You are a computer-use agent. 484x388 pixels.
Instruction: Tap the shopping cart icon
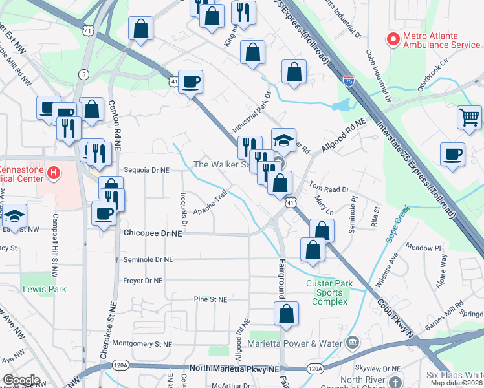[x=470, y=117]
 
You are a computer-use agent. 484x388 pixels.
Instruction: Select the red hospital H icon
[x=54, y=173]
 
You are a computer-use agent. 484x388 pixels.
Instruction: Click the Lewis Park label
[x=43, y=289]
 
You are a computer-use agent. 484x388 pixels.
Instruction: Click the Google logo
[x=21, y=380]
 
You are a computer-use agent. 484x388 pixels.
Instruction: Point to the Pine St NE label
[x=210, y=300]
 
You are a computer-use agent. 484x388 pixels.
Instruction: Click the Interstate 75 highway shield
[x=348, y=82]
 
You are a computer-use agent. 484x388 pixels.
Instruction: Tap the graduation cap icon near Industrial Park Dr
[x=283, y=140]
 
